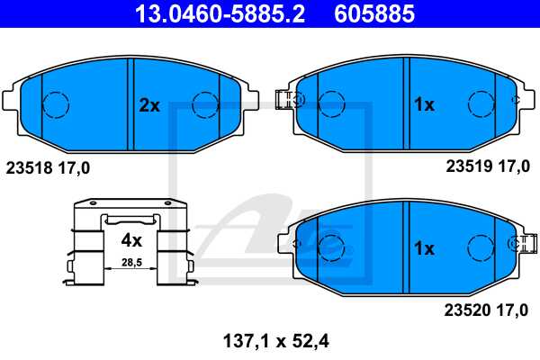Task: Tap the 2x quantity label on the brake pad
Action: (148, 105)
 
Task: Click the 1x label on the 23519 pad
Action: (423, 105)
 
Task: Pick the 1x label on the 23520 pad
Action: (423, 247)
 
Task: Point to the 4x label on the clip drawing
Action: (131, 240)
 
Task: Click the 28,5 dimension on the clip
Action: (131, 262)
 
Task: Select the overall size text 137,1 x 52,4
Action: (270, 340)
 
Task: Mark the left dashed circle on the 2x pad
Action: (57, 104)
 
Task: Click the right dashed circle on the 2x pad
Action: (206, 104)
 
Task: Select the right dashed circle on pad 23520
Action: (481, 246)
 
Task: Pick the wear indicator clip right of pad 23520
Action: (520, 243)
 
